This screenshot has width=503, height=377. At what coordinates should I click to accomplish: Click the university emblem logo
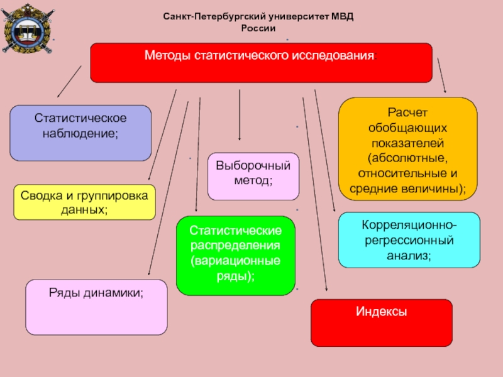coord(25,28)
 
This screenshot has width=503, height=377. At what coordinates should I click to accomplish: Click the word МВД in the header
coord(341,18)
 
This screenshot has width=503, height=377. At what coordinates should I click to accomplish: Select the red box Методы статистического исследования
coord(261,63)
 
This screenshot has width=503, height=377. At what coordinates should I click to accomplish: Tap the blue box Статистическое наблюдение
coord(80,133)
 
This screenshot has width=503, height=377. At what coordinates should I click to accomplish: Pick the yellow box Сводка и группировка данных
coord(84,202)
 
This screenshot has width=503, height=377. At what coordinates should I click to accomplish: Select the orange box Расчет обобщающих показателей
coord(407,149)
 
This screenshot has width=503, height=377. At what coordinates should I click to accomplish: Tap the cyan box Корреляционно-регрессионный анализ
coord(409,240)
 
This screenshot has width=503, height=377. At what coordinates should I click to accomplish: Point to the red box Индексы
coord(382,322)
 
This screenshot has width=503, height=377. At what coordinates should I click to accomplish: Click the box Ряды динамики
coord(96,307)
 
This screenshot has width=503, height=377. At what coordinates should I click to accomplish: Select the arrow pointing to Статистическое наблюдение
coord(69,81)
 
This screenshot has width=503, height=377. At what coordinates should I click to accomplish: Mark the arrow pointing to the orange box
coord(442,77)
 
